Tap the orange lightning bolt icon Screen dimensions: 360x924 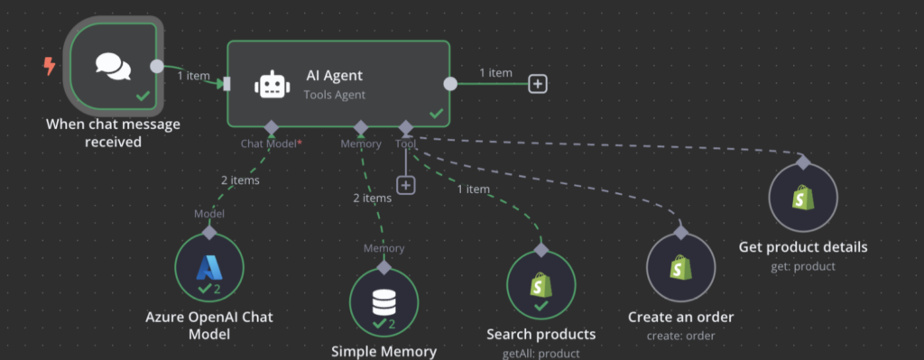tap(49, 66)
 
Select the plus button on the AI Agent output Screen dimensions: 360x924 tap(538, 84)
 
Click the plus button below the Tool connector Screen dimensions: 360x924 tap(406, 184)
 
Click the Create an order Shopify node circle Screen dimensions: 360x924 tap(680, 269)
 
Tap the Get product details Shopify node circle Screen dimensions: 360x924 tap(803, 198)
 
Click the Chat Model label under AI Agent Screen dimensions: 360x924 tap(270, 143)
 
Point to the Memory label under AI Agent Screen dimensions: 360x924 tap(360, 143)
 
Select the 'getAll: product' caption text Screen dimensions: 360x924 tap(541, 354)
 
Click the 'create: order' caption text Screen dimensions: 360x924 tap(680, 336)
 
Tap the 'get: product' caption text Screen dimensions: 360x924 tap(802, 266)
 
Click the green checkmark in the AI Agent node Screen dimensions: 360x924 tap(436, 114)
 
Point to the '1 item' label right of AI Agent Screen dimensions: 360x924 tap(495, 72)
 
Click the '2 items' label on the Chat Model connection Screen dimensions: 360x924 tap(240, 180)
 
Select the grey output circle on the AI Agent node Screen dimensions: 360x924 tap(450, 84)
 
